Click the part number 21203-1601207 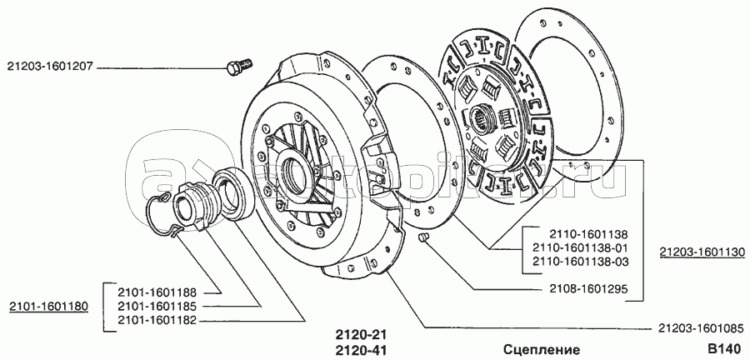(x=50, y=68)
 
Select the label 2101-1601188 (x=157, y=292)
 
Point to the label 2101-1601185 (x=157, y=307)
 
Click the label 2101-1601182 (x=157, y=320)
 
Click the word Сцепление (x=542, y=349)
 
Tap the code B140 (x=726, y=349)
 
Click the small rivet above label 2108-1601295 (x=422, y=237)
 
